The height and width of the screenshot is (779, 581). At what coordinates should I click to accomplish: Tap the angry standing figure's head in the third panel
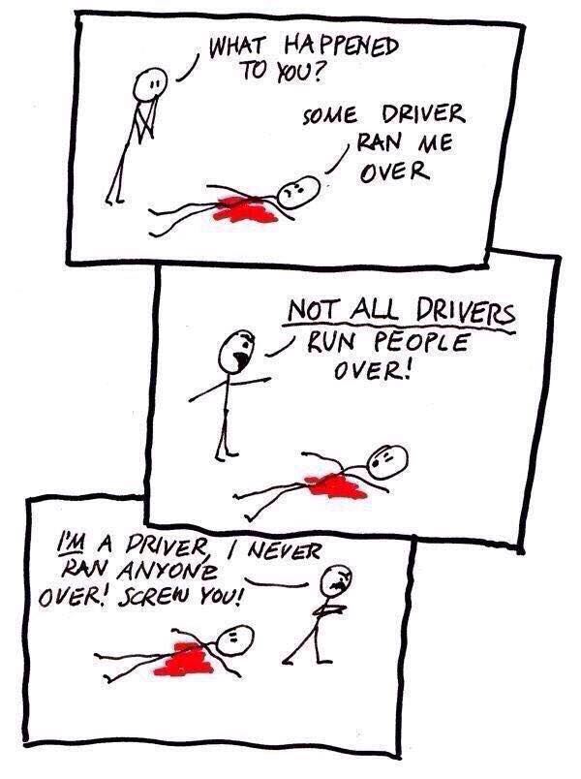point(335,580)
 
